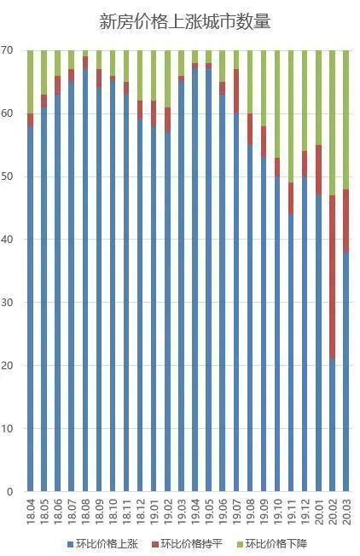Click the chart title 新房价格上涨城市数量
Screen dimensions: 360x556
pos(185,21)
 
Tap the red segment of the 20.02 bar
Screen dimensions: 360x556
pos(332,277)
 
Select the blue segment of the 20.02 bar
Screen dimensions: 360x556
pos(332,426)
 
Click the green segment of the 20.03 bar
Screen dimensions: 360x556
pos(345,120)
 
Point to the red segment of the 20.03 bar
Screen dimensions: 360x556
pos(345,221)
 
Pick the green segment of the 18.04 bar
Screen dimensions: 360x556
pos(30,82)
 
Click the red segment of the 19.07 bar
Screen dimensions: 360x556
pos(236,91)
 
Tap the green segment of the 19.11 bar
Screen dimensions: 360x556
pos(291,117)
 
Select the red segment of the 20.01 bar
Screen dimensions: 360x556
pos(318,171)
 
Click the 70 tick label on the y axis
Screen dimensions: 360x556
pos(7,50)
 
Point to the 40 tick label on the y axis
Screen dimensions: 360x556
pos(7,240)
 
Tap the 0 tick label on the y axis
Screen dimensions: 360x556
pos(9,491)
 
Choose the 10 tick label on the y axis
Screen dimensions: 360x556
pos(7,428)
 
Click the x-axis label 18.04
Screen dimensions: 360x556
pos(31,512)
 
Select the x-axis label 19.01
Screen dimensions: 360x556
pos(154,512)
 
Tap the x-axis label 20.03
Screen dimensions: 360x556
pos(346,512)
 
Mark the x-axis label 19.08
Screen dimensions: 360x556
pos(250,512)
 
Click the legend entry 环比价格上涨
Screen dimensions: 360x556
pos(102,543)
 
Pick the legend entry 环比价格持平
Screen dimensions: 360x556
pos(187,543)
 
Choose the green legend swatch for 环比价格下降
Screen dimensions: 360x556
pos(240,544)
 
